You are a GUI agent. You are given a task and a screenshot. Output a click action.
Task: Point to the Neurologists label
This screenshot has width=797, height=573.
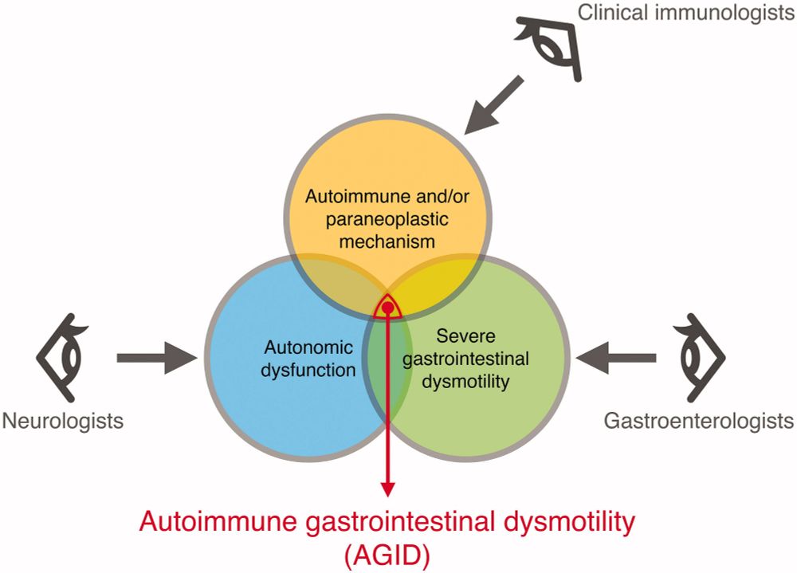point(64,420)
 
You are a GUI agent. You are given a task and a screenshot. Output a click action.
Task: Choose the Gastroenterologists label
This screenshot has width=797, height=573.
point(698,420)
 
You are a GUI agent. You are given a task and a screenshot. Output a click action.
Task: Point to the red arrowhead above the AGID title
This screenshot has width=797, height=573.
point(388,486)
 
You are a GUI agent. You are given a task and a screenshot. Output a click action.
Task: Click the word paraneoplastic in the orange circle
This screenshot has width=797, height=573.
point(388,218)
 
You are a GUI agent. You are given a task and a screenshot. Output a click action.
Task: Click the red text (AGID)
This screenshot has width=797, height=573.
point(387,555)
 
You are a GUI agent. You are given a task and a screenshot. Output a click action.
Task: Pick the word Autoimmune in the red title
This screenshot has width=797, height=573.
point(208,524)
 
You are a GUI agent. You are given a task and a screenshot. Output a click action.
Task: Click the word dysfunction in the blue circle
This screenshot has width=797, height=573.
point(307,371)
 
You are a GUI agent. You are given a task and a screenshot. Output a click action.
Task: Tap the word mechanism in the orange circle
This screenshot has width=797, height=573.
point(387,240)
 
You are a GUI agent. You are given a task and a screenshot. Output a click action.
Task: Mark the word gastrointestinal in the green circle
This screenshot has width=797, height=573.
point(465,359)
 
